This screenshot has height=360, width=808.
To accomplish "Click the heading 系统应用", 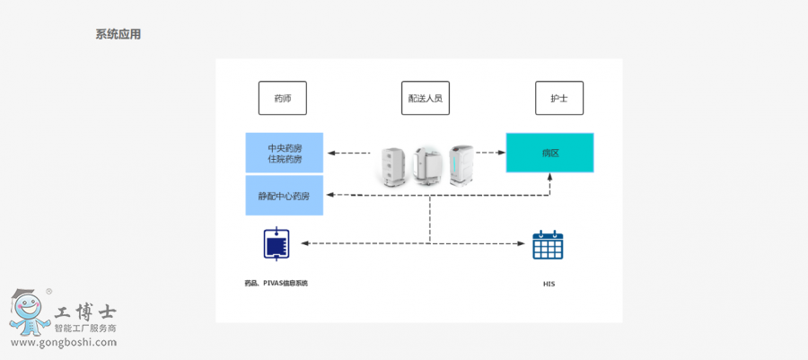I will (118, 35).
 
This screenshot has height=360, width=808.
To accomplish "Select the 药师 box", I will (282, 98).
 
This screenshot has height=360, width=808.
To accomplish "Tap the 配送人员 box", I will (425, 98).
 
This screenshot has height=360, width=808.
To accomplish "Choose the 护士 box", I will (558, 98).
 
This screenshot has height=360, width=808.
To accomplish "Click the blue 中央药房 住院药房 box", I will (285, 153).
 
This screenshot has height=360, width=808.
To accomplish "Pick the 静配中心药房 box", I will (285, 196).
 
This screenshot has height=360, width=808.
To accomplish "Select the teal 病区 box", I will (549, 153).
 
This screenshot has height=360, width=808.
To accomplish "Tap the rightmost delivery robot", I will (461, 163).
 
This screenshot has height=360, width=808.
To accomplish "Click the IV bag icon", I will (277, 243).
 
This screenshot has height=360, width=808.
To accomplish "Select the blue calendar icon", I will (548, 245).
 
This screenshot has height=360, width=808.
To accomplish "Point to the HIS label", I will (549, 284).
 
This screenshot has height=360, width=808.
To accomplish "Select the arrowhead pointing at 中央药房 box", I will (331, 154).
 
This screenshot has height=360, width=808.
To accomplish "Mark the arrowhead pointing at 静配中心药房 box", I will (331, 194).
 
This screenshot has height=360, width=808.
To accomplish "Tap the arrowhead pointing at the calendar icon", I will (523, 243).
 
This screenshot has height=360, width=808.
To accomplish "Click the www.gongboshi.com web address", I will (62, 343).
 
